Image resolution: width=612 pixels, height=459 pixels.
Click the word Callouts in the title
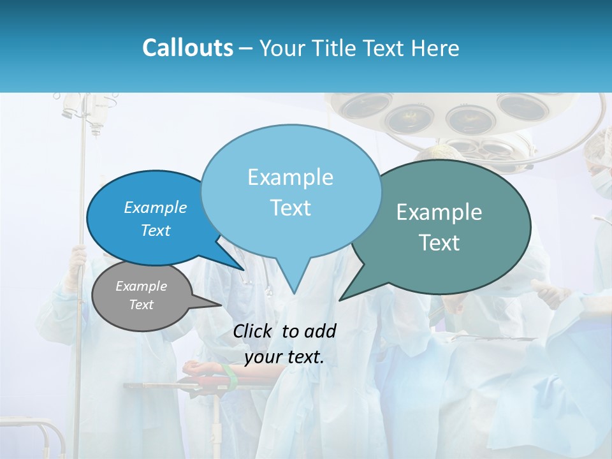click(187, 48)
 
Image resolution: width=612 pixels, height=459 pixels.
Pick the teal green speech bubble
click(440, 227)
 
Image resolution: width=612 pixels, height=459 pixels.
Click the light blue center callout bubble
click(291, 191)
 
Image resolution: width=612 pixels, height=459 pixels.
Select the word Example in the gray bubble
click(142, 287)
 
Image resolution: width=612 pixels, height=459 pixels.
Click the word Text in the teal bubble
click(440, 243)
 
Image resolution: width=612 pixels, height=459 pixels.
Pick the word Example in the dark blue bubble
click(156, 208)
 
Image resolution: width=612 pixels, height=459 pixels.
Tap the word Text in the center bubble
click(291, 208)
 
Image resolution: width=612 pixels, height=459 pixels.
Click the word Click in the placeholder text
click(254, 331)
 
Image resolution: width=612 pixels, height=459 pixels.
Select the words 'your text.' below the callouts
click(284, 358)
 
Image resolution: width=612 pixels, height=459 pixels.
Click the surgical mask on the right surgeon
click(602, 182)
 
